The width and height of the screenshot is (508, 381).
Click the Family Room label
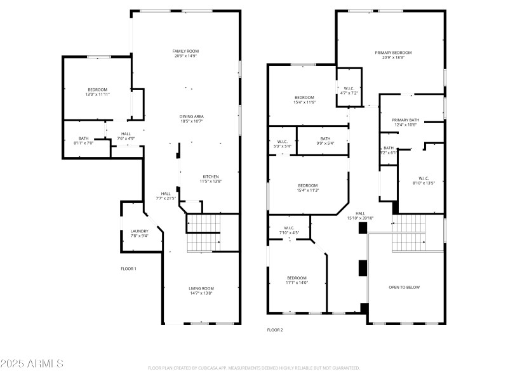(x=186, y=51)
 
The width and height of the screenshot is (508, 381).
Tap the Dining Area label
(x=191, y=116)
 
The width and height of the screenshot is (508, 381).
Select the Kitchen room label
(x=211, y=177)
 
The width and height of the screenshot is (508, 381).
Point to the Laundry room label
(x=139, y=231)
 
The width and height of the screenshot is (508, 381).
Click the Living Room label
(x=201, y=288)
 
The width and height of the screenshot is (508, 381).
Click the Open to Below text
(x=404, y=287)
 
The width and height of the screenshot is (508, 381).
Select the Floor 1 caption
(x=128, y=269)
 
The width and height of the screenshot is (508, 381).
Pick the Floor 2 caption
(x=275, y=330)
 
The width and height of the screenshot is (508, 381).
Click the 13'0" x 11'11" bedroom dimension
(x=97, y=95)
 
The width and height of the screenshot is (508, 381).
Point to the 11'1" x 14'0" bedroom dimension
(x=297, y=283)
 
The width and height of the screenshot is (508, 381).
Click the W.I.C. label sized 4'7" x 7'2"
(x=349, y=93)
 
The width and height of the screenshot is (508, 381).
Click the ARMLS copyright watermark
(x=32, y=364)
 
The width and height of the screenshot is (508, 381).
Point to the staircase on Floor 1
(x=203, y=232)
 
